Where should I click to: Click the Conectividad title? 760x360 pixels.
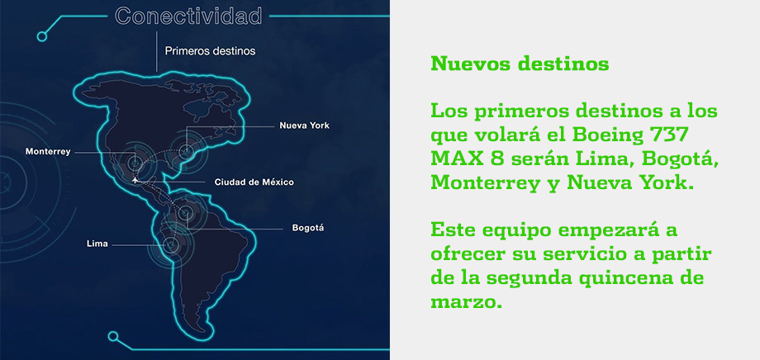(188, 16)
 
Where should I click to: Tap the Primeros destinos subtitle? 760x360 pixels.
(210, 51)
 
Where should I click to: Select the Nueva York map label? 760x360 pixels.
(304, 126)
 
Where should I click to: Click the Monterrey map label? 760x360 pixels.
(48, 152)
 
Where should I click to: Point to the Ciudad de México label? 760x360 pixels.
(254, 182)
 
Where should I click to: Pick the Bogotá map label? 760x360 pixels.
(308, 228)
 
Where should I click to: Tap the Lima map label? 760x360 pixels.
(97, 244)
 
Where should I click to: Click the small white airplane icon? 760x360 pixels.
(135, 180)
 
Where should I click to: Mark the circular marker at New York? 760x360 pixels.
(185, 152)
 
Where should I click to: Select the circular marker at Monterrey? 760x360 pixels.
(135, 162)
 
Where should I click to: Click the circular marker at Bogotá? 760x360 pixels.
(186, 212)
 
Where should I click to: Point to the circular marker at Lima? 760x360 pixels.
(169, 244)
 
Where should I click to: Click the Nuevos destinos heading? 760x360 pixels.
(520, 64)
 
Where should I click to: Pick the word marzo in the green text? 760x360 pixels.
(463, 302)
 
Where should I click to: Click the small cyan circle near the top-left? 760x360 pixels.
(42, 36)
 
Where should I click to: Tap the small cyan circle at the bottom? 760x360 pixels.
(113, 336)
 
